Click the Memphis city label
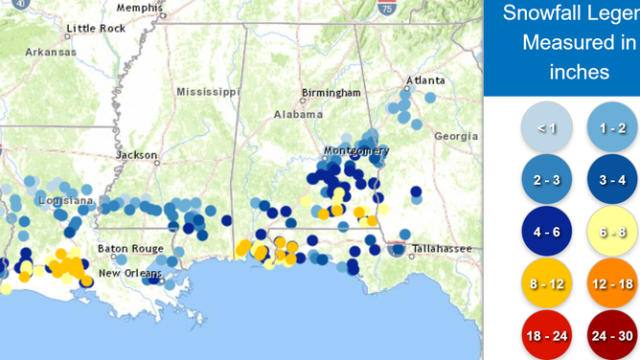coord(139,8)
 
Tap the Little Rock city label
coord(95,29)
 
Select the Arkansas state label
coord(50,52)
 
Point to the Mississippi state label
coord(208,92)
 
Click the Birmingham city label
coord(331,93)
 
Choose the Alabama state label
coord(298,115)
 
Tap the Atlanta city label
coord(424,80)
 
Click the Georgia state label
coord(455,137)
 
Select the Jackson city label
coord(137,155)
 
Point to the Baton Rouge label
coord(130,249)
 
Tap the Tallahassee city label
coord(442,249)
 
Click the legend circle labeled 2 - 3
coord(547,179)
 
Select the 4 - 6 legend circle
coord(547,232)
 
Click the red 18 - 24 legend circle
coord(547,336)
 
